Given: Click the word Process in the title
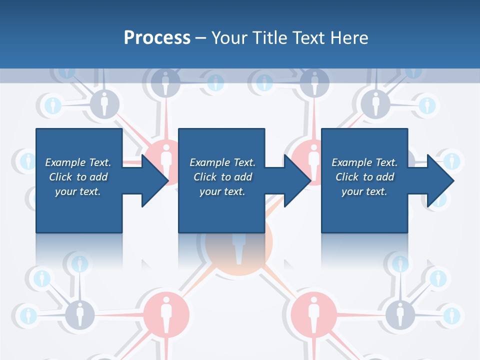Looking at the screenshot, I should click(x=157, y=38).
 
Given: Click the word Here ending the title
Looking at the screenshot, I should click(x=350, y=38).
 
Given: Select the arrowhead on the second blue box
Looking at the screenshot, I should click(x=296, y=180).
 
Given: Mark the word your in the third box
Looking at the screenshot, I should click(x=352, y=191).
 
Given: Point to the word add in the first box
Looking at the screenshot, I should click(x=99, y=177).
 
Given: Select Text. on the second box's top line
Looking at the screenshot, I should click(x=244, y=162).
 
